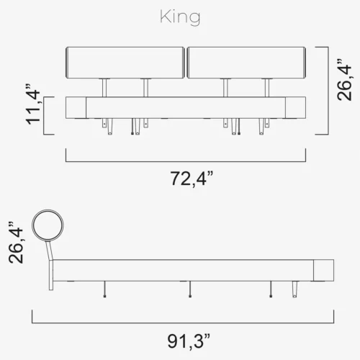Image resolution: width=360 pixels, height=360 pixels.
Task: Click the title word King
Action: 180,18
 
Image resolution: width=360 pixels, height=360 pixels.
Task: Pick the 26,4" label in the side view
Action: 17,246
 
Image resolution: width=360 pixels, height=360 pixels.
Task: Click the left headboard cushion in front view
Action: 125,63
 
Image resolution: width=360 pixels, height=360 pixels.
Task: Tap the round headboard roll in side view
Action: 49,225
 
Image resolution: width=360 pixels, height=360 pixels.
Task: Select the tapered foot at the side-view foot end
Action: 295,289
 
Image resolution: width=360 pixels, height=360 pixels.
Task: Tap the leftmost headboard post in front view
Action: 106,87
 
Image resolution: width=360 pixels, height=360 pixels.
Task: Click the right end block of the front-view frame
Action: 296,108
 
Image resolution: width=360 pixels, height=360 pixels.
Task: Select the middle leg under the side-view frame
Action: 189,288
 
